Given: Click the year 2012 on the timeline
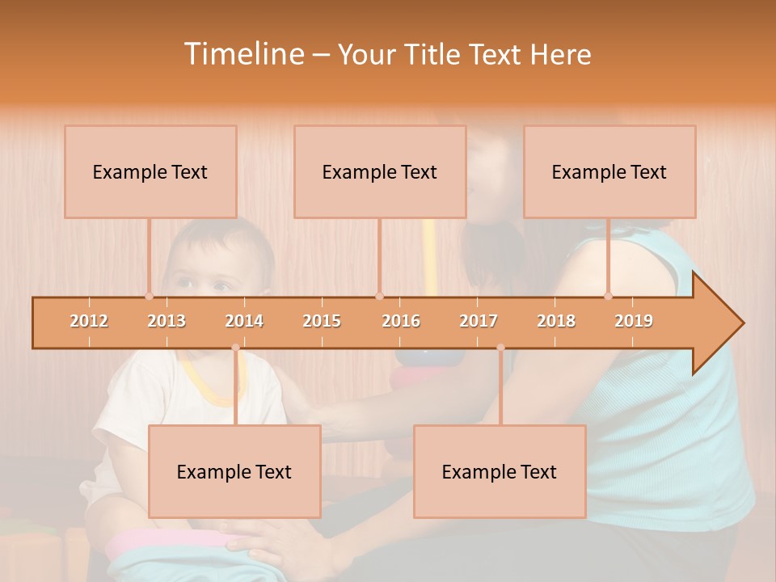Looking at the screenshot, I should [x=89, y=321].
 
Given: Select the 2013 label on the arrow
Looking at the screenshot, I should [x=167, y=321].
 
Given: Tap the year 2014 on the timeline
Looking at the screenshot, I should [x=244, y=321].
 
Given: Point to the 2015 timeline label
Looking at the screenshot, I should [x=322, y=321].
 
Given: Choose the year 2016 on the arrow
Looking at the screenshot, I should [x=401, y=321].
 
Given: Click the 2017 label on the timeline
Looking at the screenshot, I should [x=479, y=321].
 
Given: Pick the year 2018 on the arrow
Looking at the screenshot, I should [x=556, y=321].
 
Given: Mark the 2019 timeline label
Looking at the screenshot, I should [x=634, y=321].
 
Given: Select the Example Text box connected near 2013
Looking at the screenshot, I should [x=150, y=171].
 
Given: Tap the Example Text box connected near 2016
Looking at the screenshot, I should [x=380, y=171].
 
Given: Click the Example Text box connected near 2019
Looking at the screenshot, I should [x=609, y=171].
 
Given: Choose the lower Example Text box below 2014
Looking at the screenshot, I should [x=234, y=471].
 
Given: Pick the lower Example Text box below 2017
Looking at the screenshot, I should [x=500, y=471].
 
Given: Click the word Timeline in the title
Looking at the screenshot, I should [x=242, y=54].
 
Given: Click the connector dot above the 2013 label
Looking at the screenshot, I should [x=149, y=297].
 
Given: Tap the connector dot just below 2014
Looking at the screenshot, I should [x=235, y=348].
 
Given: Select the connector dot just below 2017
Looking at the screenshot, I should [x=500, y=348].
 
